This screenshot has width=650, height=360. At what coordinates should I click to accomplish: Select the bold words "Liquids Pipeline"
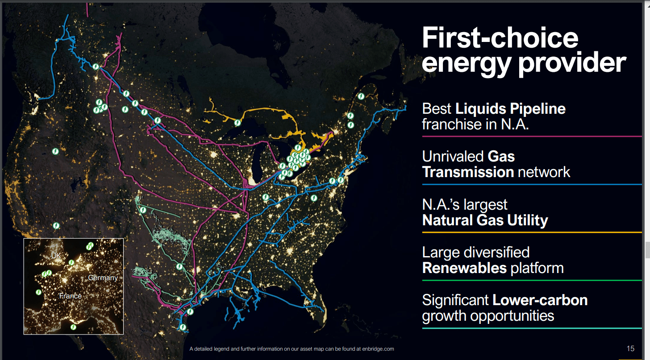[510, 108]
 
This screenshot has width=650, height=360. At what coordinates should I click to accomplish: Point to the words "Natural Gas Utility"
[485, 220]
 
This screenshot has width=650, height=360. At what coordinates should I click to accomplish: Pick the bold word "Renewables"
[464, 268]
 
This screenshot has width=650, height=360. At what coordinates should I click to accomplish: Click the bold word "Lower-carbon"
[540, 300]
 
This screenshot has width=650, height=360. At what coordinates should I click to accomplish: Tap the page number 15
[630, 348]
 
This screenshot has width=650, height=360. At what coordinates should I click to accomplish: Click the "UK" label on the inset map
[56, 256]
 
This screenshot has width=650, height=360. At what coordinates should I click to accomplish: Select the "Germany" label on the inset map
[103, 277]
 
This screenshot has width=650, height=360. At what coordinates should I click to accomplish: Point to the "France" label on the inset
[71, 296]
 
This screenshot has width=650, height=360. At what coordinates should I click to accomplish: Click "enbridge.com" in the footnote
[378, 349]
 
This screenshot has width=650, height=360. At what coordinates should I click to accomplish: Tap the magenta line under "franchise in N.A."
[531, 137]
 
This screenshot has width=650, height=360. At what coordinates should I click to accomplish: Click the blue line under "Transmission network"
[531, 184]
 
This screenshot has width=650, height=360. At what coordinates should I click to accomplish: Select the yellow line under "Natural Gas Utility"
[531, 232]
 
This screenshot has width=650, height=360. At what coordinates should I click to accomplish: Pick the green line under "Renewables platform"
[531, 280]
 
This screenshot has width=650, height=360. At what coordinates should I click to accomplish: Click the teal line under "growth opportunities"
[531, 328]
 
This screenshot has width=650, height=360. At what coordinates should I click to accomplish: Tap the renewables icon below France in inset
[73, 327]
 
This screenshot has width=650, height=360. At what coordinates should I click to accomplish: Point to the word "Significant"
[455, 300]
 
